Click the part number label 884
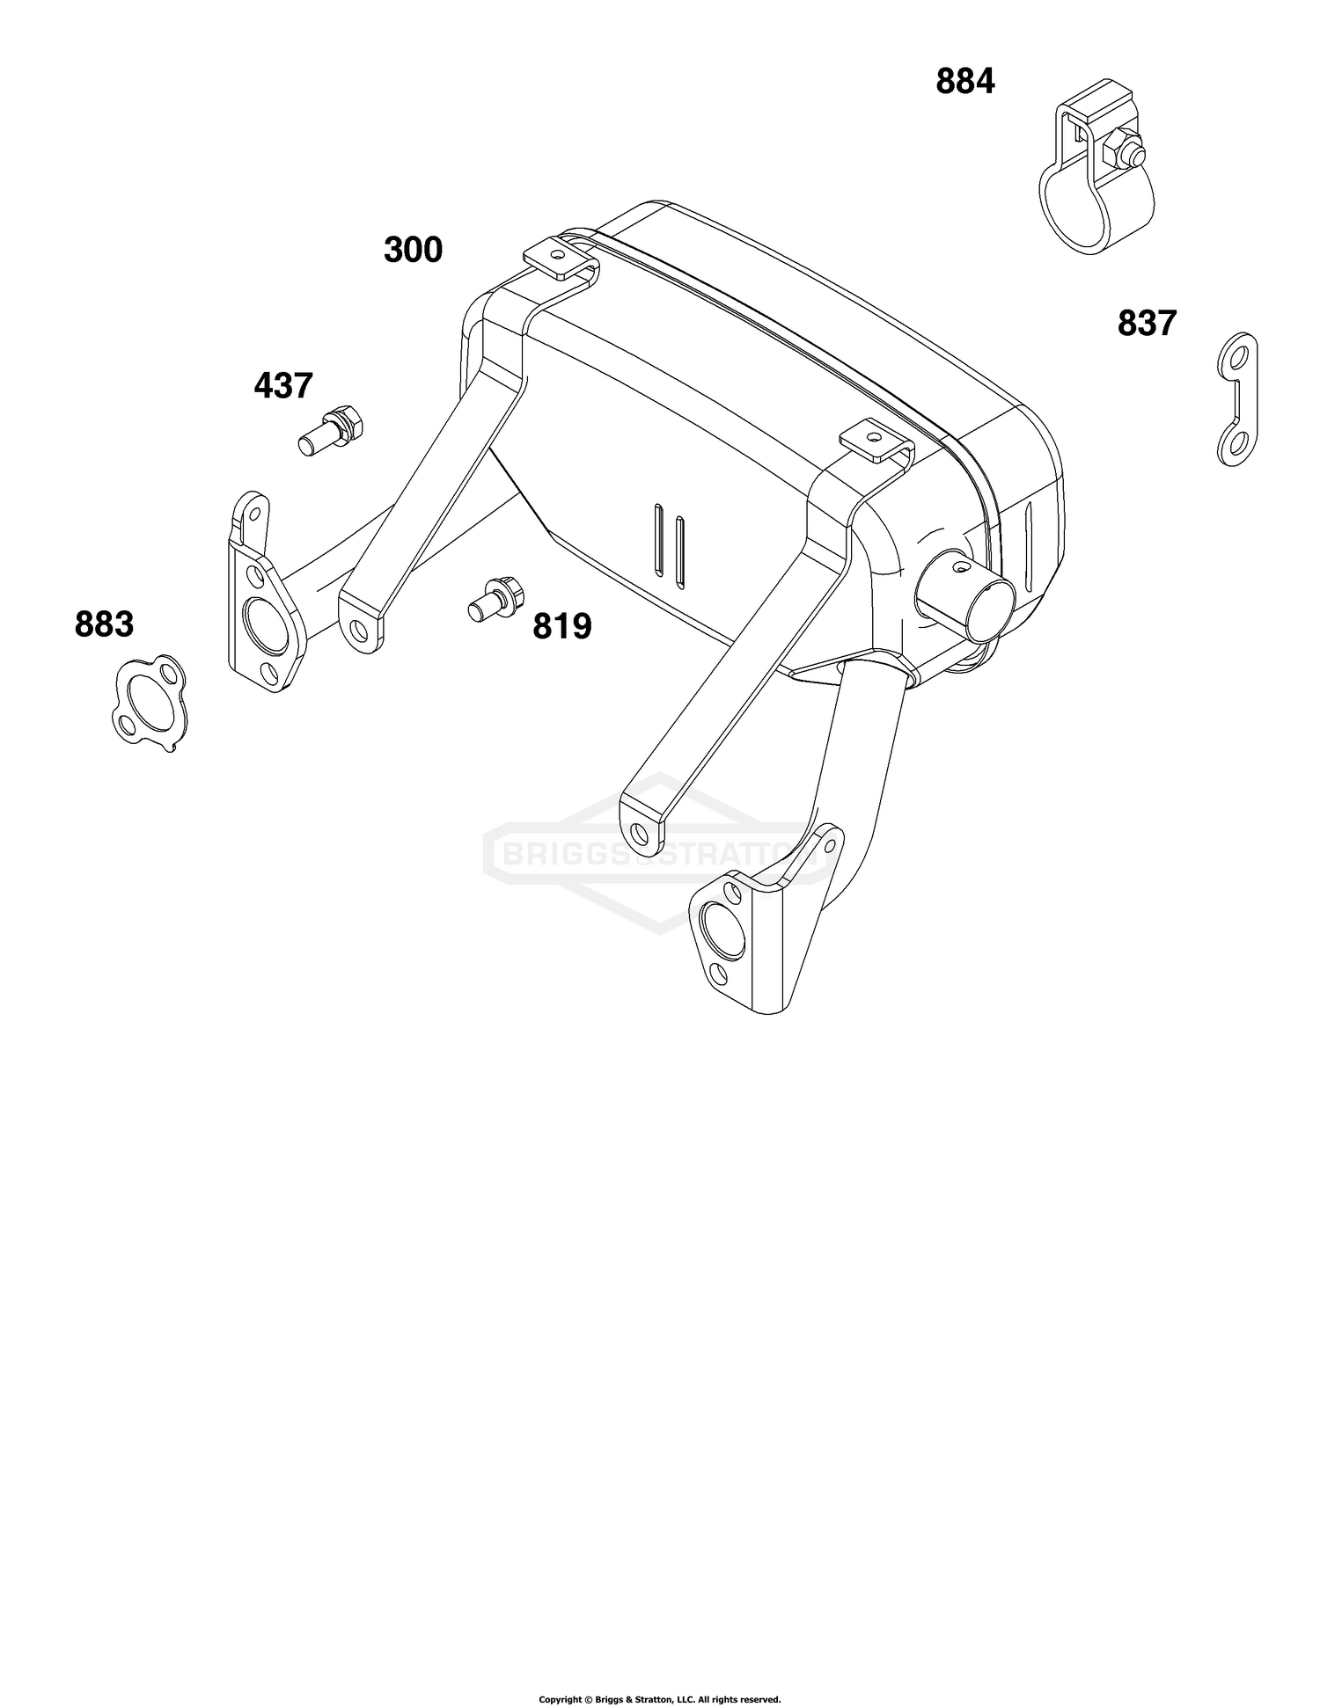pos(965,82)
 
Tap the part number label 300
pos(413,250)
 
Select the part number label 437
pos(283,385)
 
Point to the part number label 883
pos(105,624)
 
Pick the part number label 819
pos(562,626)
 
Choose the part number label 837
pos(1147,324)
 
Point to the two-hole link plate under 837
pos(1237,398)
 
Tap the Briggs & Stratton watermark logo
pos(656,854)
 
